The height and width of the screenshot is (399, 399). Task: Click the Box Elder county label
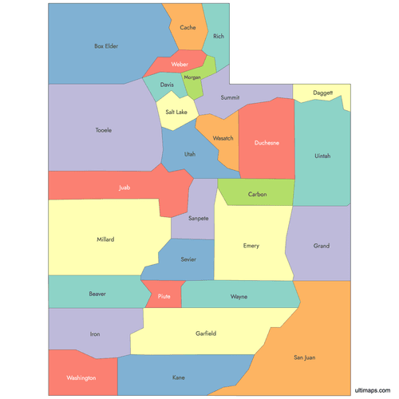coord(106,46)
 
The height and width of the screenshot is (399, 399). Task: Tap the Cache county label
coord(188,27)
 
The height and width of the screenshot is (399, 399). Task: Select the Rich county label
coord(219,36)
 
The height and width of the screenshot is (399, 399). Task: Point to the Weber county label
coord(180,64)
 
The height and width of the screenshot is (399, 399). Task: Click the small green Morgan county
coord(192,77)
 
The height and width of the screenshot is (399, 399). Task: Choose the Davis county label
coord(167,85)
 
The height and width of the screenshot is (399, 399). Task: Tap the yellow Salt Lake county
coord(176,113)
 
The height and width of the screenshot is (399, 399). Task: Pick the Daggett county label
coord(323,93)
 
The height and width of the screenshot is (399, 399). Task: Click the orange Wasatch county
coord(223,138)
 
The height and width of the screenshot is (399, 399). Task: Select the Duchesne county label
coord(267,143)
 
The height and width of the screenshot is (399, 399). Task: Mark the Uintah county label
coord(322,156)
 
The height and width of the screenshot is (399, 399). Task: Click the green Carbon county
coord(257,194)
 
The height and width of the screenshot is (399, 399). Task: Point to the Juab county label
coord(124,188)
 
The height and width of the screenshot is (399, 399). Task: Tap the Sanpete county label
coord(198,218)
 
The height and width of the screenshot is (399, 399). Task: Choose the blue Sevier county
coord(188,259)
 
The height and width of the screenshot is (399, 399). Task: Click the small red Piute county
coord(164,296)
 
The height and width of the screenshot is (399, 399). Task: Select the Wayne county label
coord(239,296)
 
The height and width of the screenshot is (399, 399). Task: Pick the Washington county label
coord(81,377)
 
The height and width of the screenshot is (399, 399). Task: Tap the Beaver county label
coord(97,294)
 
